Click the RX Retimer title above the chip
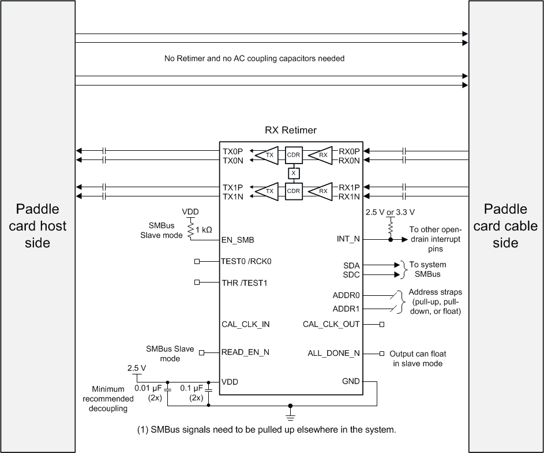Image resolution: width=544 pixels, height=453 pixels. point(290,130)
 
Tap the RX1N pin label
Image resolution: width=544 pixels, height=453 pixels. point(349,196)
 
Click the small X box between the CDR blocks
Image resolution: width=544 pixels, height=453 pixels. point(294,173)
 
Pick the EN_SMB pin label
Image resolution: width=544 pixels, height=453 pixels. point(238,239)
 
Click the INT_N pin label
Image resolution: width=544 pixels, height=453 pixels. point(348,239)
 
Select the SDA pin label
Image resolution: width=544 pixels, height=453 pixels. point(351,265)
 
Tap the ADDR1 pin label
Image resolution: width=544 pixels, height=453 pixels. point(346,309)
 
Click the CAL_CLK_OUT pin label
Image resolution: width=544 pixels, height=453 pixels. point(331,324)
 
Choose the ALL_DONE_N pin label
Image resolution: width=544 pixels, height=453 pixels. point(333,353)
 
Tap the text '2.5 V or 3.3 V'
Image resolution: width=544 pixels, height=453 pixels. point(390,212)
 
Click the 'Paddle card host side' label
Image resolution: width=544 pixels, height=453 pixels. point(37,226)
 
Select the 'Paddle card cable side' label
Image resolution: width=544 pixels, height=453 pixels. point(506,226)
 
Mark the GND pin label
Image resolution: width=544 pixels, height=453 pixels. point(350,381)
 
